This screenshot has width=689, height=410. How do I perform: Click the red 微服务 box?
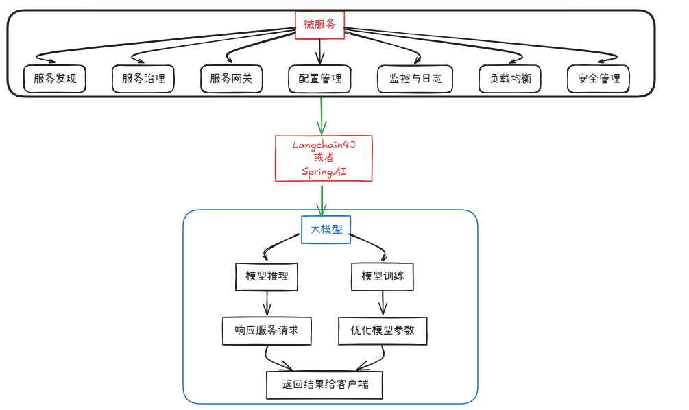point(319,25)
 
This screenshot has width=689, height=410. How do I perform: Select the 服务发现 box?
point(54,79)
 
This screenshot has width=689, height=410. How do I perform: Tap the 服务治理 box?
point(143,79)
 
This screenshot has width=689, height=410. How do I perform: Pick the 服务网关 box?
point(232,79)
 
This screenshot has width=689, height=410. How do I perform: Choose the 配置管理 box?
point(320,79)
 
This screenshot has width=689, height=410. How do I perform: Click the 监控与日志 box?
point(415,79)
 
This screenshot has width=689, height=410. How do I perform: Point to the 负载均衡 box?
point(510,79)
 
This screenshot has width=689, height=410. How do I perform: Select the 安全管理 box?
point(599,79)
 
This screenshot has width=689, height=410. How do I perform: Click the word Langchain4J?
point(324,145)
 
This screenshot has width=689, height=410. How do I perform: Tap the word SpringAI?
point(324,171)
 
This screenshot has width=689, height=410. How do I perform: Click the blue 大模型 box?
point(326,230)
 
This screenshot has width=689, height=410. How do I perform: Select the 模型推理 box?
point(267,277)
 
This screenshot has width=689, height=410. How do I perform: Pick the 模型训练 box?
point(383,277)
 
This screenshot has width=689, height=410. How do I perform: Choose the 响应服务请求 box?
point(267,331)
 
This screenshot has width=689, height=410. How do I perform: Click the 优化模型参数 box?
point(383,331)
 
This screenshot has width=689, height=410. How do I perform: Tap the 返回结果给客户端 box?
point(325,385)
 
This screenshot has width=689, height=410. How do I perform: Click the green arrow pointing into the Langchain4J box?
point(322,116)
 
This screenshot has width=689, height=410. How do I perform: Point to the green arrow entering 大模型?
point(322,201)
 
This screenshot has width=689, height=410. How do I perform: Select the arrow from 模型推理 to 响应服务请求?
point(267,303)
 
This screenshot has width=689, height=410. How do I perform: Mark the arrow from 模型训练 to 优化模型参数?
point(383,303)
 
